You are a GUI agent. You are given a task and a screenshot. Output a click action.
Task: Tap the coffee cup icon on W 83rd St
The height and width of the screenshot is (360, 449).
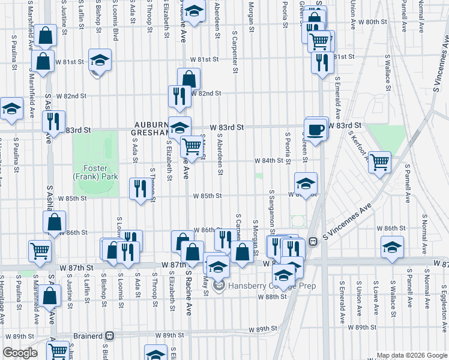[x=316, y=130]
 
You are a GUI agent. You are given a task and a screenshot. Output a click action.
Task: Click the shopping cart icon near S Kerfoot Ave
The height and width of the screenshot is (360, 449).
[x=379, y=161]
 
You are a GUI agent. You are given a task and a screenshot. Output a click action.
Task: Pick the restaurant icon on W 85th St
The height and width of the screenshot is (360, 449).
[x=140, y=189]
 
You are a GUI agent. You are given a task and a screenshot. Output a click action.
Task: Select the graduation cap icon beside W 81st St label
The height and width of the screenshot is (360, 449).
[x=100, y=60]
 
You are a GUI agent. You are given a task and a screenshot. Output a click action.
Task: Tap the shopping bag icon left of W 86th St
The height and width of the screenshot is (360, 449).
[x=54, y=221]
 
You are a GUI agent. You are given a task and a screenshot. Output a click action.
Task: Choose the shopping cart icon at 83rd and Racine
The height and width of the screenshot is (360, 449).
[x=191, y=145]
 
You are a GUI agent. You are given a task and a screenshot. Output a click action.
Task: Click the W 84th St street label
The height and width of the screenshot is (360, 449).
[x=268, y=161]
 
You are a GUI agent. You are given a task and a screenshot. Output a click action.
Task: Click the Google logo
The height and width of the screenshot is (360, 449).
[x=20, y=353]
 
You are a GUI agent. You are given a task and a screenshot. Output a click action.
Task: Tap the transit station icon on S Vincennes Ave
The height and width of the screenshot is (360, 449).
[x=313, y=241]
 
